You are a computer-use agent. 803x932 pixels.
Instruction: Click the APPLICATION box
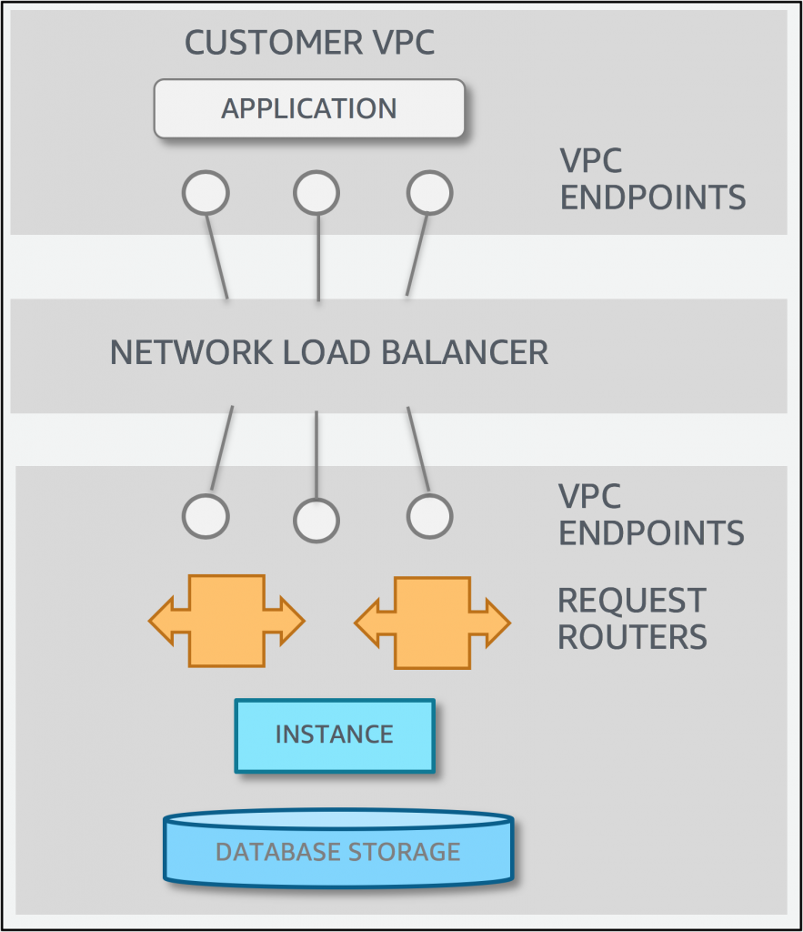tap(309, 108)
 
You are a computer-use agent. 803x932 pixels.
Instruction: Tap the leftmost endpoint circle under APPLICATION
tap(206, 193)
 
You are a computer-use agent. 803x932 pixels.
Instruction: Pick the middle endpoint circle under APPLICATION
tap(316, 193)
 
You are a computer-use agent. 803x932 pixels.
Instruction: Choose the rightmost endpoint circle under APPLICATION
tap(429, 193)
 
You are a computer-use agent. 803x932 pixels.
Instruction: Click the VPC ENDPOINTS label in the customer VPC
tap(652, 178)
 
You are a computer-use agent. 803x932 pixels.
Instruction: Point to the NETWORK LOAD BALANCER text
tap(328, 352)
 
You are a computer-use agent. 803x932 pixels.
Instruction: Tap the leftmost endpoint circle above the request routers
tap(206, 517)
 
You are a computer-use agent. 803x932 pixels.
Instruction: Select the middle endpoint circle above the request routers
tap(316, 522)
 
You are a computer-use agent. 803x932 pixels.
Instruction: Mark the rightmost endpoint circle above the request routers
tap(428, 517)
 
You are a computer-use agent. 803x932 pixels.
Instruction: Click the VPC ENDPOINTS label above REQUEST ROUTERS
tap(650, 514)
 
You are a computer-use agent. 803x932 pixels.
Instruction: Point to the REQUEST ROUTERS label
tap(632, 619)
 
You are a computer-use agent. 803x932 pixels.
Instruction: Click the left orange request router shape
tap(226, 621)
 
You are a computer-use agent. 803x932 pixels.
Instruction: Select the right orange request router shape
tap(432, 621)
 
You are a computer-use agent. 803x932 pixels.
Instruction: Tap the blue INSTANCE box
tap(335, 735)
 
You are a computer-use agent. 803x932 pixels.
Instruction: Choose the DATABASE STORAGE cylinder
tap(338, 850)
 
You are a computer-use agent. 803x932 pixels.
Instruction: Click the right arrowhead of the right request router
tap(497, 622)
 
